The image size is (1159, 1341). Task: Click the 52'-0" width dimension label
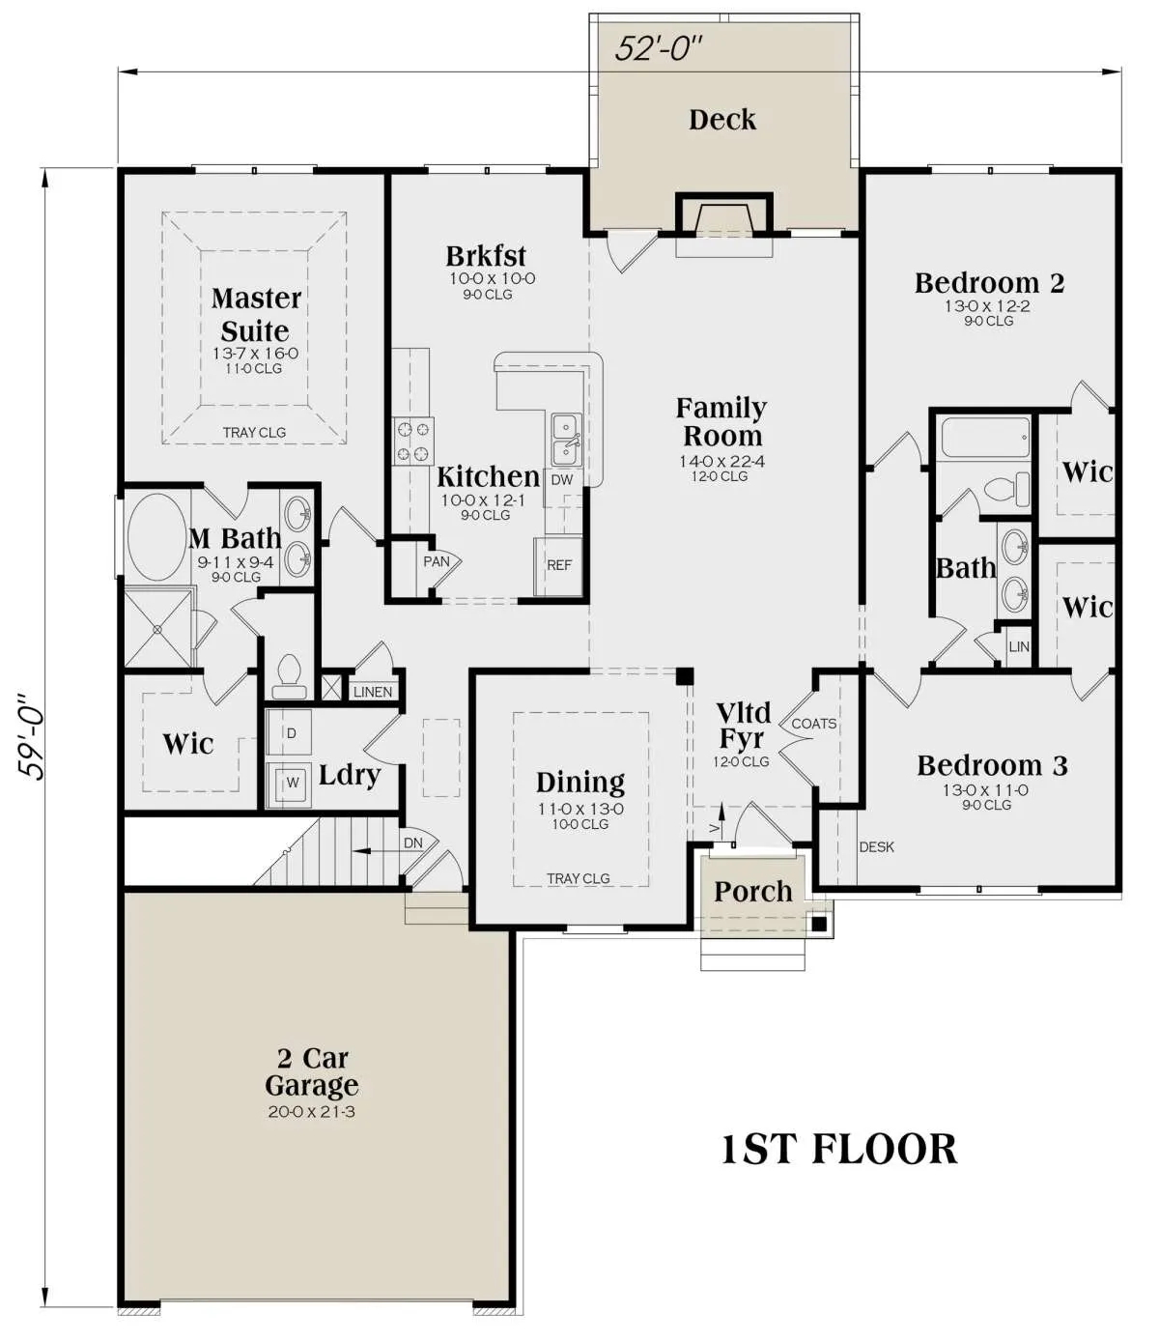tap(659, 48)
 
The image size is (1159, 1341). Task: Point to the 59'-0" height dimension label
tap(31, 738)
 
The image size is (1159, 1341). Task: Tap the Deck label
tap(722, 120)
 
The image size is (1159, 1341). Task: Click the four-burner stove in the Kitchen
tap(414, 442)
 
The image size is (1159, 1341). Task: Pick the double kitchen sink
tap(567, 440)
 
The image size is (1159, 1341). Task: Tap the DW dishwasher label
tap(562, 480)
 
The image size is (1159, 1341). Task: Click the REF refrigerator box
tap(558, 566)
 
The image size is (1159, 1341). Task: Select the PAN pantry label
tap(436, 561)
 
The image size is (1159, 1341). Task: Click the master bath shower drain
tap(157, 629)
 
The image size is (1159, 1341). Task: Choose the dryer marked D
tap(289, 731)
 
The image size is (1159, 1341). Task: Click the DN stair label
tap(413, 842)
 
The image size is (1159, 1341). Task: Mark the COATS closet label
tap(814, 724)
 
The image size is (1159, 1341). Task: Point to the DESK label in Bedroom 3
tap(876, 846)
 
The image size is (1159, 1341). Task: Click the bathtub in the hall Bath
tap(985, 438)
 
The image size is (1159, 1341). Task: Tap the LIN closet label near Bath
tap(1019, 646)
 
